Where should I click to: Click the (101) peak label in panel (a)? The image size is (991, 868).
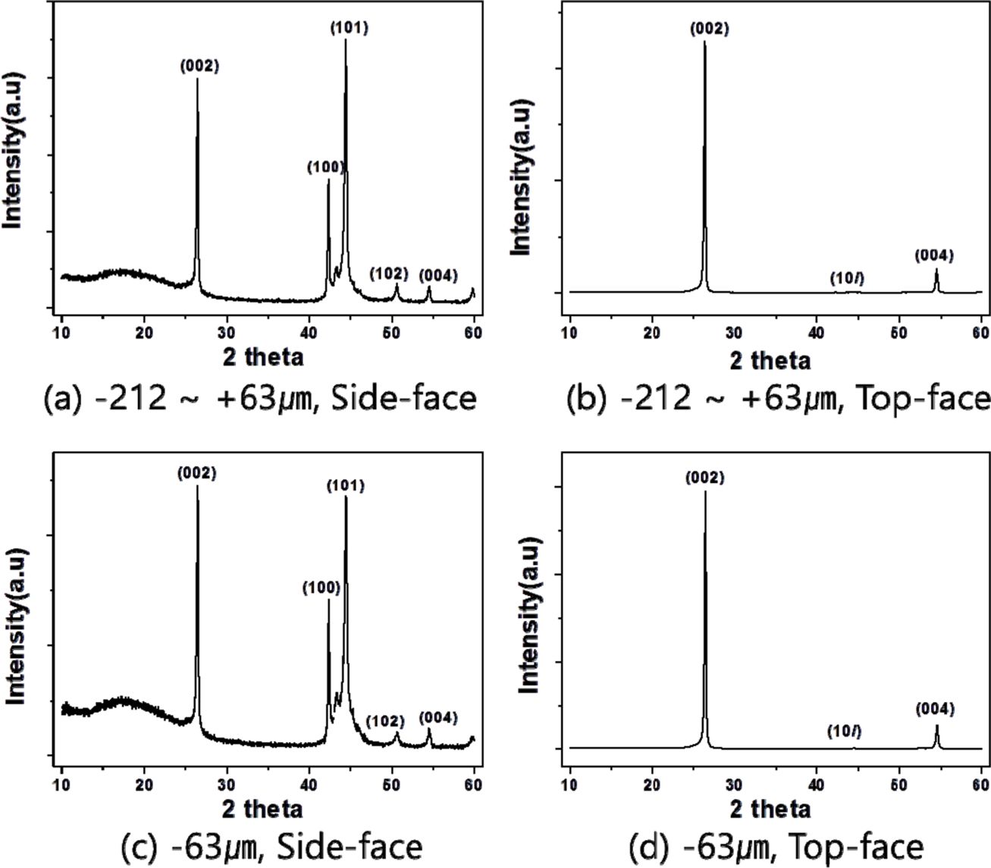click(350, 29)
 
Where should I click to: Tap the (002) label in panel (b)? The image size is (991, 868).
click(710, 30)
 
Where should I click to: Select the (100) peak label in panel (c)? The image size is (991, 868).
click(321, 588)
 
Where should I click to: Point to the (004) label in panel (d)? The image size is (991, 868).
click(935, 710)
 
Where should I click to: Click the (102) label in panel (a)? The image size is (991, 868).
click(389, 274)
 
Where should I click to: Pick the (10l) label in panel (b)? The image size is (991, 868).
click(847, 279)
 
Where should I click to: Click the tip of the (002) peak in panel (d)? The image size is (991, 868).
click(705, 492)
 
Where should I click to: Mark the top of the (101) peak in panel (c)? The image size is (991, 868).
click(347, 497)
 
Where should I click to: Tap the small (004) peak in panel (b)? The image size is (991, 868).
click(936, 270)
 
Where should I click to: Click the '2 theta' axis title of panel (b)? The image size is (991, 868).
click(770, 360)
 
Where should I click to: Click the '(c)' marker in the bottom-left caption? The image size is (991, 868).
click(139, 845)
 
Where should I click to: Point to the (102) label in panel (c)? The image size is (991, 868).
click(385, 720)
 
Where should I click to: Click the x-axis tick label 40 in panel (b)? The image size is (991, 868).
click(816, 331)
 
